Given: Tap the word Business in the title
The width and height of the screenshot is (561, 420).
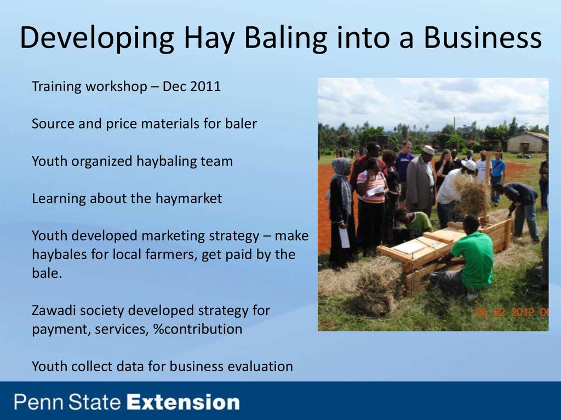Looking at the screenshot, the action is click(x=483, y=38).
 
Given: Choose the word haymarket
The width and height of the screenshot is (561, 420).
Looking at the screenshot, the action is click(x=188, y=198).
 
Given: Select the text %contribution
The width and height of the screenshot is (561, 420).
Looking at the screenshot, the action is click(x=197, y=329).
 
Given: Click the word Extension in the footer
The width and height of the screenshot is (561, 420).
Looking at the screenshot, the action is click(x=183, y=402).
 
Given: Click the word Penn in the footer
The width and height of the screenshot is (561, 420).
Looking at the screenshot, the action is click(x=39, y=402).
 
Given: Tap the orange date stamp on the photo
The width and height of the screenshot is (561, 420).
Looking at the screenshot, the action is click(x=512, y=312).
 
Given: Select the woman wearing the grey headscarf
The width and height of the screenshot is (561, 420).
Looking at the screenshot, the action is click(x=342, y=211).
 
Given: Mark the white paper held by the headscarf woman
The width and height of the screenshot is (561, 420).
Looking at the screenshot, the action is click(x=344, y=237).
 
